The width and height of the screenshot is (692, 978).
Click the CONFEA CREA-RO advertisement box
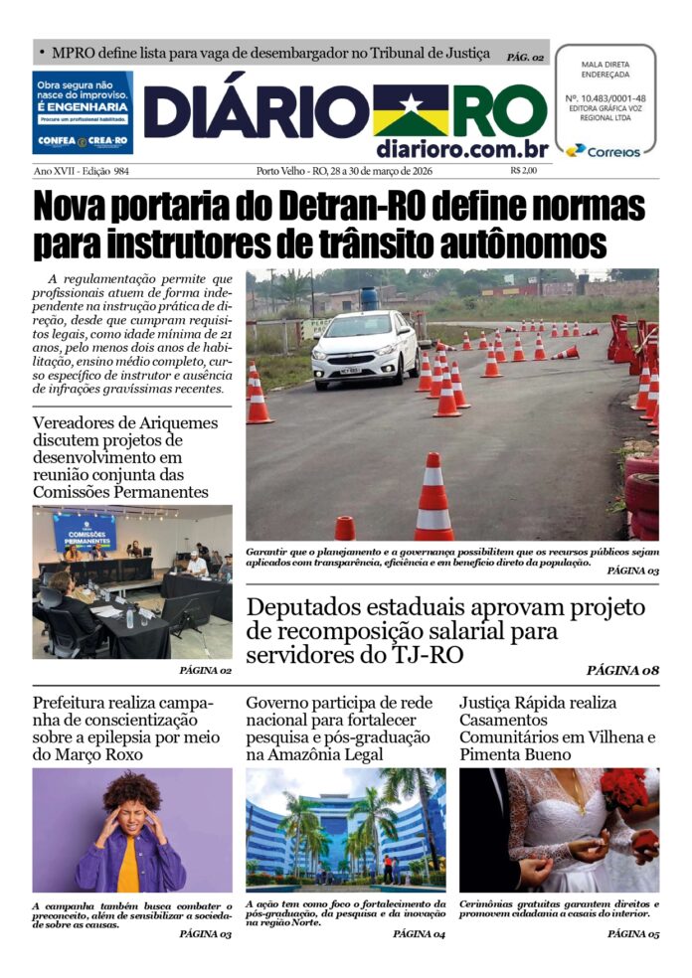(x=83, y=112)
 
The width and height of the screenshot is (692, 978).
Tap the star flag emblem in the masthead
(x=411, y=110)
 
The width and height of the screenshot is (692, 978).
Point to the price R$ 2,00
(x=523, y=171)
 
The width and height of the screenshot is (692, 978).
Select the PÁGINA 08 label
(x=622, y=670)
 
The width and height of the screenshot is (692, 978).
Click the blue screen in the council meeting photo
(x=85, y=532)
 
